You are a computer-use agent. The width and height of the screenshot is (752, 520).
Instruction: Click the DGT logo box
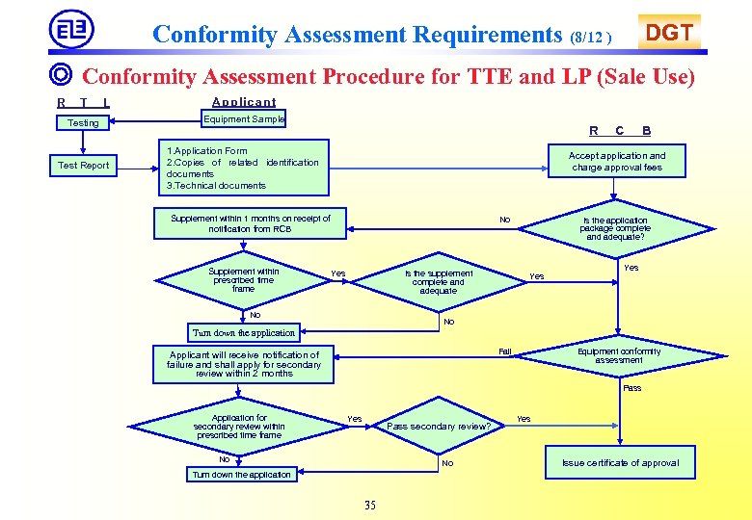pos(669,33)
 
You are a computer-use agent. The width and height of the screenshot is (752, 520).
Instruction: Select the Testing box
pos(83,122)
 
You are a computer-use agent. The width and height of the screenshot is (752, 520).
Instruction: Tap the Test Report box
pos(83,166)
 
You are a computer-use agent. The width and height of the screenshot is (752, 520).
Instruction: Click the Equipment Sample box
pos(243,119)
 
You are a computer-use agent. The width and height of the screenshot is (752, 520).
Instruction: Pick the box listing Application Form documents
pos(242,168)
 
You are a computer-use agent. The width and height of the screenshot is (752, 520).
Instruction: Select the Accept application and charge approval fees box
pos(616,161)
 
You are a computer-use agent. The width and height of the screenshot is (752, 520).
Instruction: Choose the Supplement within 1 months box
pos(250,224)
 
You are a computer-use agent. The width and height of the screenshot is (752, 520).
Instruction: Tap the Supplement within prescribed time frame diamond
pos(243,280)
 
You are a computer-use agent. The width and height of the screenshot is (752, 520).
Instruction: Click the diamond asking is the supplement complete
pos(438,281)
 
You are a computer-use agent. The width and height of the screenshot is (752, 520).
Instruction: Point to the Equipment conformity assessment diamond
pos(618,355)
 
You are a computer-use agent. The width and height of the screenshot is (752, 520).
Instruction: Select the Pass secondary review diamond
pos(439,426)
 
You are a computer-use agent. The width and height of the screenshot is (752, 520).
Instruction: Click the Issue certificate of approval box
pos(620,463)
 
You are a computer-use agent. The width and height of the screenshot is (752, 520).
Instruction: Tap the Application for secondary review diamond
pos(238,427)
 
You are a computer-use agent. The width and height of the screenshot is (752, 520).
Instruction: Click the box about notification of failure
pos(243,364)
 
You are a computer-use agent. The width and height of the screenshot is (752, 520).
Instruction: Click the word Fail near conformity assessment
pos(505,351)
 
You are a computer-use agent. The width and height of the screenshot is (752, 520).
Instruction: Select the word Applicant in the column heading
pos(243,102)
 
